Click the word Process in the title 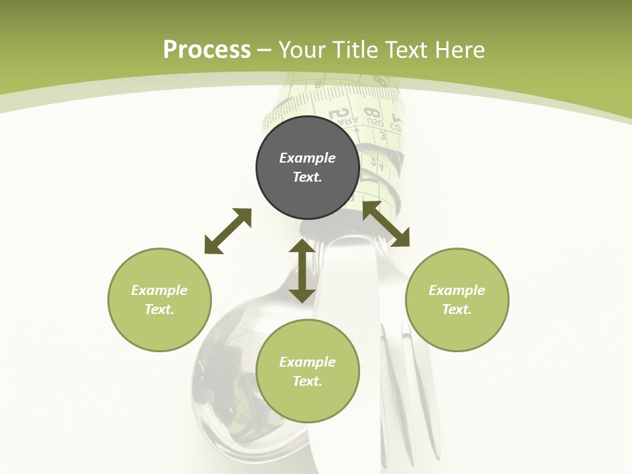tap(207, 50)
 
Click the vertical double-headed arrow tap(302, 271)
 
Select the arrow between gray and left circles tap(228, 231)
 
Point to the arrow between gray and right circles tap(386, 224)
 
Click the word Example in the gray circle tap(307, 158)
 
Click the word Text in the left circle tap(159, 309)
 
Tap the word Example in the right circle tap(457, 290)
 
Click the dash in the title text tap(265, 51)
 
